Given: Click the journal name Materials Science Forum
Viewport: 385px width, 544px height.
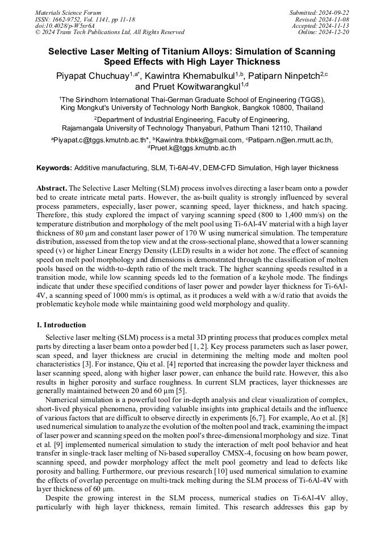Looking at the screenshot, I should click(68, 12).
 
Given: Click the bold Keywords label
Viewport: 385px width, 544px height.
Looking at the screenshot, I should click(54, 168).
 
